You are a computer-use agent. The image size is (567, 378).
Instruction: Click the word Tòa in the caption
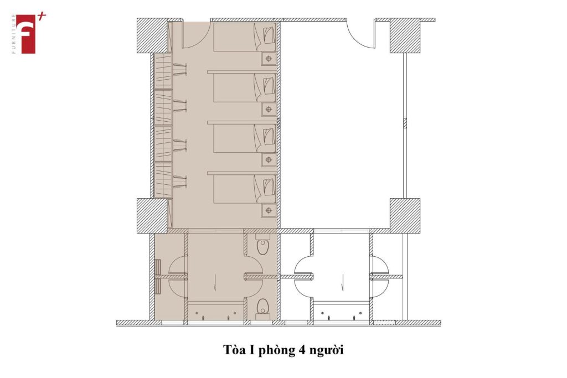[234, 350]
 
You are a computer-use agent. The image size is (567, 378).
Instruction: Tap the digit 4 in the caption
[302, 350]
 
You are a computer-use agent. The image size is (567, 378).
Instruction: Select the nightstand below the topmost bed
[269, 59]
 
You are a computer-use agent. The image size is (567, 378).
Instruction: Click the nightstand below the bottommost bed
[269, 210]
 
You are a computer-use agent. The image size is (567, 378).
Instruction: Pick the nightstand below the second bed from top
[269, 109]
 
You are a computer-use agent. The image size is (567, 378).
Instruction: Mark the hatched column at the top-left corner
[152, 35]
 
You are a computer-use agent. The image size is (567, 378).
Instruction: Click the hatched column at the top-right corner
[405, 35]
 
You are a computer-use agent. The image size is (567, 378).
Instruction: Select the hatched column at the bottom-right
[405, 215]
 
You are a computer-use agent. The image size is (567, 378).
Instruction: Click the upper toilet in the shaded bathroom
[263, 244]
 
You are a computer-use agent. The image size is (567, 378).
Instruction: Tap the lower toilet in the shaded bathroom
[263, 309]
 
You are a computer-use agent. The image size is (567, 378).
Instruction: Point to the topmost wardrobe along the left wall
[163, 71]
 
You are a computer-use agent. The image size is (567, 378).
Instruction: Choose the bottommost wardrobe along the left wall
[163, 180]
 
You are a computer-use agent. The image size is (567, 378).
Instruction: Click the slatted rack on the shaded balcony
[158, 277]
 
